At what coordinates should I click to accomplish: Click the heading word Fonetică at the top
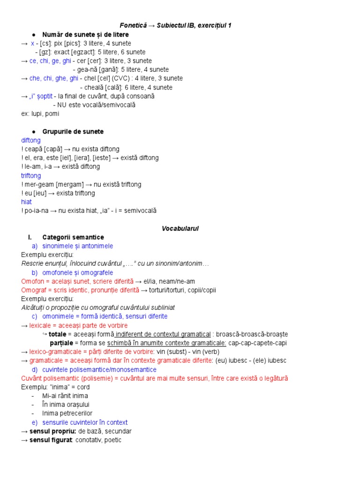[130, 25]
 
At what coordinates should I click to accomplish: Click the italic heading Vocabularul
[180, 228]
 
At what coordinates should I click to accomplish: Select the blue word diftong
[31, 140]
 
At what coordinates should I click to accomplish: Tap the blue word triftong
[31, 175]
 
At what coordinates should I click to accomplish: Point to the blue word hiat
[27, 202]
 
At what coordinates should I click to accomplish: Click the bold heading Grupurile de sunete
[73, 131]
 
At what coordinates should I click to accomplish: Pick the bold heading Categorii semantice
[73, 237]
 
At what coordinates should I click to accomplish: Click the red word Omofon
[32, 281]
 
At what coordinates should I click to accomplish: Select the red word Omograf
[34, 290]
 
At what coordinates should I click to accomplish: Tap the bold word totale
[58, 334]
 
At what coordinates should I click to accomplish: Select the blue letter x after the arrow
[33, 43]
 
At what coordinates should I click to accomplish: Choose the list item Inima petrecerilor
[67, 413]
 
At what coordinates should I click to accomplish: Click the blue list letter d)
[35, 369]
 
